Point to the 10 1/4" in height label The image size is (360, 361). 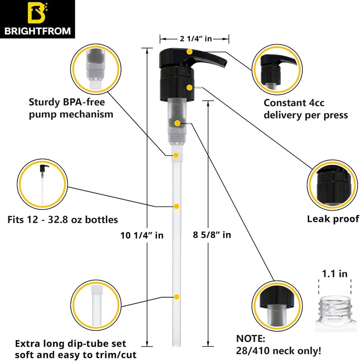pos(142,235)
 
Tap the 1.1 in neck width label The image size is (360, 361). pos(334,273)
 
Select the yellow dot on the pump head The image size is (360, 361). pos(190,53)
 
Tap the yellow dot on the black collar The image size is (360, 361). pos(190,86)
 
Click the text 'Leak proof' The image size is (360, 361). pos(333,219)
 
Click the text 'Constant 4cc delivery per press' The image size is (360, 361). pos(306,109)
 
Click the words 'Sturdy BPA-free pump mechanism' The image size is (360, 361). pos(71,108)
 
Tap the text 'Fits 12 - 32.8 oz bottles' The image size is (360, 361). pos(63,220)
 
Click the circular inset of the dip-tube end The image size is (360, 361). pos(95,302)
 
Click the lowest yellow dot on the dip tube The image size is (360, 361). pos(176,296)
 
